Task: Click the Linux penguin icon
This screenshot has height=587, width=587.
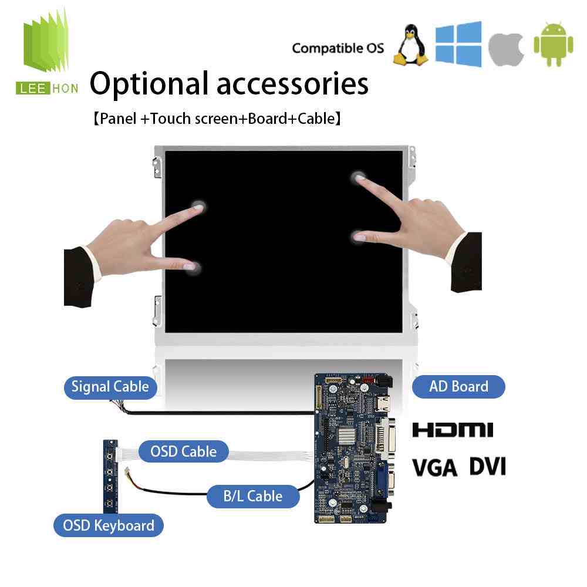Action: click(411, 45)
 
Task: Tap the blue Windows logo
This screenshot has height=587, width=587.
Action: click(458, 44)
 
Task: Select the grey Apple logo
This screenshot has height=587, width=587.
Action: click(507, 49)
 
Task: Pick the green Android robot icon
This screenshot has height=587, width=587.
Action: click(554, 44)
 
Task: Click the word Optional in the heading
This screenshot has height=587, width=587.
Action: click(149, 83)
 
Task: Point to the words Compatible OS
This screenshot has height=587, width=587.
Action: click(338, 48)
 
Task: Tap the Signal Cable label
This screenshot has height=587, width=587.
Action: click(110, 387)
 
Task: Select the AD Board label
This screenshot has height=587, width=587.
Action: click(458, 386)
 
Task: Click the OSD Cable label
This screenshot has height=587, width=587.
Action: click(183, 451)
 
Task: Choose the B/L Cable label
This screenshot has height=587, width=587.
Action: click(253, 497)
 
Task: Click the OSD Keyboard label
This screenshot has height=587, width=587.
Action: click(109, 525)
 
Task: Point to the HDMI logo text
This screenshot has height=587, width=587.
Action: click(453, 430)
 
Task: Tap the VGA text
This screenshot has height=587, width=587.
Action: click(435, 468)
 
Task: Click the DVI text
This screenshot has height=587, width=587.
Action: click(487, 467)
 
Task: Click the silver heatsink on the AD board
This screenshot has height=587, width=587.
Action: click(347, 435)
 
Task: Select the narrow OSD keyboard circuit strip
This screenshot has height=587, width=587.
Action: click(110, 477)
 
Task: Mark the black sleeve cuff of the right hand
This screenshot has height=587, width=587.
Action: click(467, 262)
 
